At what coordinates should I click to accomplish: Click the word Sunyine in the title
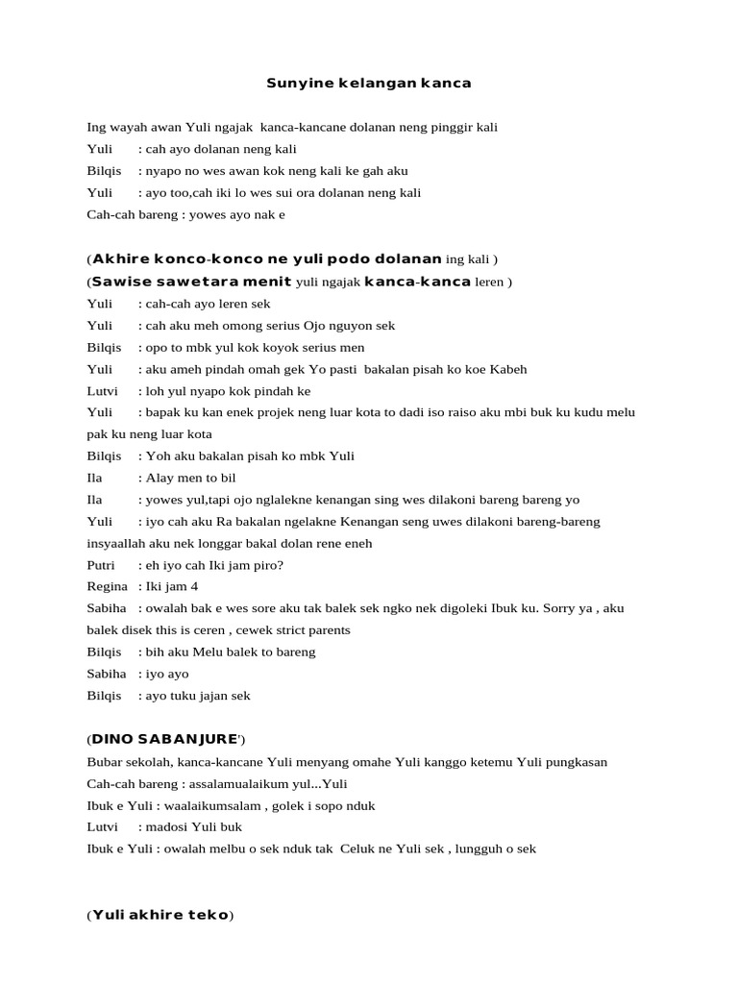298,84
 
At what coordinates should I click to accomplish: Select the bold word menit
268,282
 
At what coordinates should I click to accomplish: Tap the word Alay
160,478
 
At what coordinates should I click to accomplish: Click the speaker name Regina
107,586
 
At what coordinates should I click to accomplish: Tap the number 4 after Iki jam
194,586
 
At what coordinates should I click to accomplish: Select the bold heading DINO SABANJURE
164,739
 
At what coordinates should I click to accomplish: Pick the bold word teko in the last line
207,915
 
